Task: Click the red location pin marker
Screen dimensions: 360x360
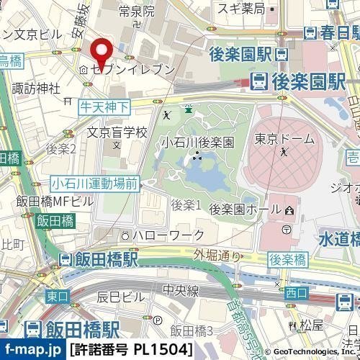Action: point(102,51)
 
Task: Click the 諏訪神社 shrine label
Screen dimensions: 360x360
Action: point(36,89)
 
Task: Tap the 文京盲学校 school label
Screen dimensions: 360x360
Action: point(117,132)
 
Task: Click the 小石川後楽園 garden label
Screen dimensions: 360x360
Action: point(197,142)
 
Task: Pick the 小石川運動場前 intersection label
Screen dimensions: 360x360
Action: point(94,184)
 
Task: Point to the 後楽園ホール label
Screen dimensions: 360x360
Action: point(243,208)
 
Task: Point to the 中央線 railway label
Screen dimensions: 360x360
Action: point(176,292)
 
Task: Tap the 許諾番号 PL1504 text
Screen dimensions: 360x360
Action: point(132,351)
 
